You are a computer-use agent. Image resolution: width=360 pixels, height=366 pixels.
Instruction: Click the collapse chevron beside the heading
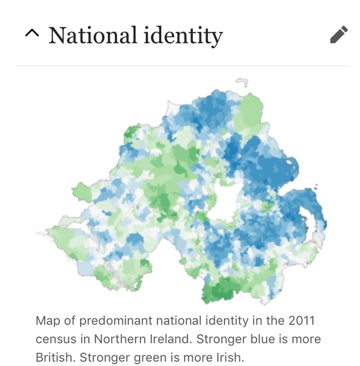coord(31,34)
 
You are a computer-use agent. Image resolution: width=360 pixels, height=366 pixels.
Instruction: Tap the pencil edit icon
coord(339,35)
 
